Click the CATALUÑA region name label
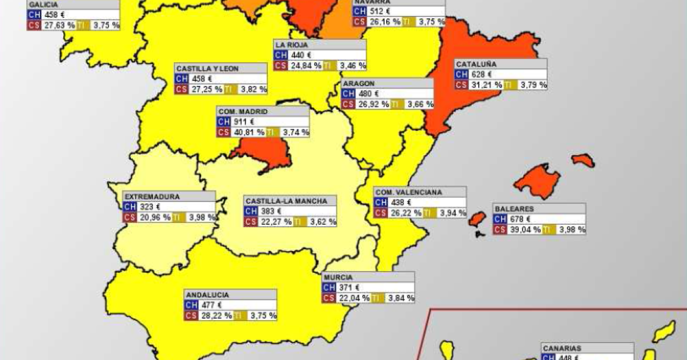476,64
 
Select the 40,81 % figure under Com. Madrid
248,132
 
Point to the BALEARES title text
514,208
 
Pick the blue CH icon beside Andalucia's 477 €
191,305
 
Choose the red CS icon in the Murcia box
329,298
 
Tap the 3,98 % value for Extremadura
202,217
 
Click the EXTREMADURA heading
152,197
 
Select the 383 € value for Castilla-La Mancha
272,211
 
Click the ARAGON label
359,83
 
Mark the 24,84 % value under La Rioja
306,66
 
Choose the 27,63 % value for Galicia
58,25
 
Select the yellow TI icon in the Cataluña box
510,85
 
